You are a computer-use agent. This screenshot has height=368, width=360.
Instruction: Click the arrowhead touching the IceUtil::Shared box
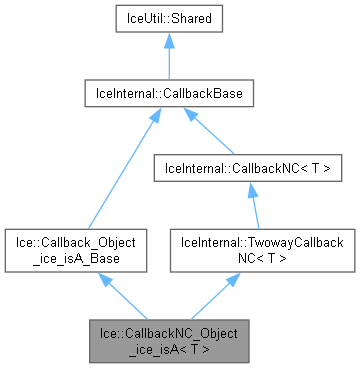coord(168,44)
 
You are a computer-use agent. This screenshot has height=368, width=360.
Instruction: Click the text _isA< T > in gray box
coord(167,346)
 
